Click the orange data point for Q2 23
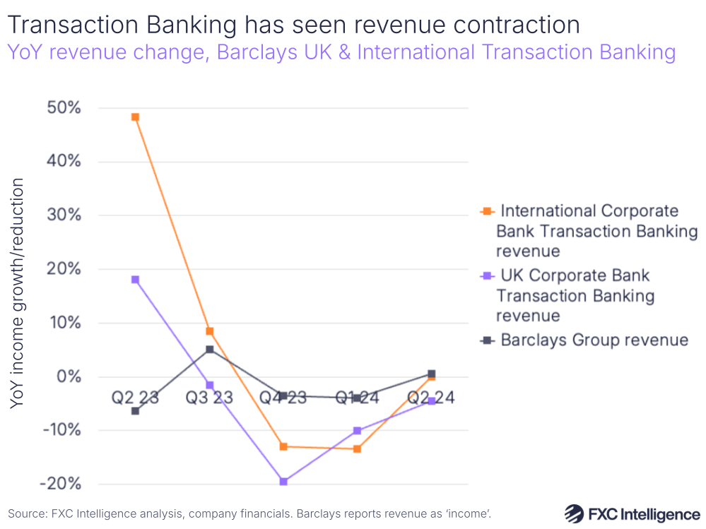click(x=135, y=117)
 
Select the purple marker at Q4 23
click(x=283, y=482)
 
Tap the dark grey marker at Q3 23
click(x=209, y=350)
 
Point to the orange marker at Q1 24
click(x=358, y=449)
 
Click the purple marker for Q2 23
click(x=135, y=280)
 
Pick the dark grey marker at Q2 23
click(x=135, y=411)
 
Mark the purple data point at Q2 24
click(x=431, y=401)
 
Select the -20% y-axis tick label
click(x=61, y=485)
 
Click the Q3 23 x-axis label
click(x=209, y=398)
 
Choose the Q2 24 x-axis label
click(x=431, y=398)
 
